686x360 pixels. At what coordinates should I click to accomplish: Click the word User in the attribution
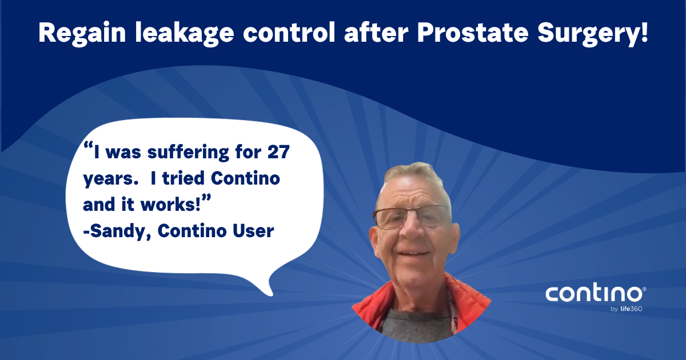[256, 232]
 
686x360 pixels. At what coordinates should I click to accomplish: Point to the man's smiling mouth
[413, 251]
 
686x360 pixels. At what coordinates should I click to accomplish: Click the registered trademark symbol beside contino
[644, 290]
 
